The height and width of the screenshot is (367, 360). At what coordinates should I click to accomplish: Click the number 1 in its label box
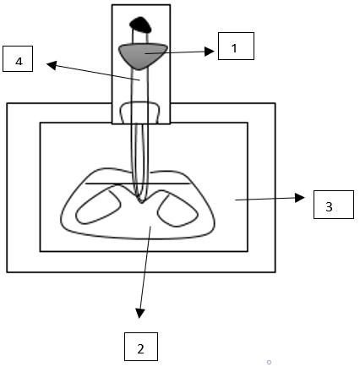point(234,48)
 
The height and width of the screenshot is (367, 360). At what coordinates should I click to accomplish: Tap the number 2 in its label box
point(141,349)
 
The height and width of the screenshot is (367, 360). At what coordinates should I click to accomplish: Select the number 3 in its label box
point(329,206)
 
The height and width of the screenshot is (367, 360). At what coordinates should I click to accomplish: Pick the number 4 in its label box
point(19,61)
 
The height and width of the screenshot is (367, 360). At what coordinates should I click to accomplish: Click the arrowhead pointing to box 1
point(209,52)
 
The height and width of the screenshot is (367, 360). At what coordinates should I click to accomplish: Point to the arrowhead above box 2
point(140,313)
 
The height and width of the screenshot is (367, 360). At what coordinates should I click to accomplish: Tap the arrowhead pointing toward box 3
point(300,198)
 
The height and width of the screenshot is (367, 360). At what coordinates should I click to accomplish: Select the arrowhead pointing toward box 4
point(52,65)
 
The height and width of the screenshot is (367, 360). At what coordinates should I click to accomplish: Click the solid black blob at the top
point(140,25)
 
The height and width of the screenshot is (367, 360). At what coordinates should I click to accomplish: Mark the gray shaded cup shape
point(143,55)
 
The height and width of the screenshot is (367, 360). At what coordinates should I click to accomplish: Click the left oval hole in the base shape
point(98,207)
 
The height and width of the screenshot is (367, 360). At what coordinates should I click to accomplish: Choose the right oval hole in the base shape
point(177,211)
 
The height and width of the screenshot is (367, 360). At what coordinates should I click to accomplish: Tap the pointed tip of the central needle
point(141,203)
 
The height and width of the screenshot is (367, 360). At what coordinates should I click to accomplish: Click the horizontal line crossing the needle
point(138,183)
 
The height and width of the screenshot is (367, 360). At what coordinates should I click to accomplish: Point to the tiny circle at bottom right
point(269,362)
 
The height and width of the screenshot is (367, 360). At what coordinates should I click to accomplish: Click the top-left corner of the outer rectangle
point(7,103)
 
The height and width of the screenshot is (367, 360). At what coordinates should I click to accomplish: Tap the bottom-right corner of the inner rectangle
point(248,251)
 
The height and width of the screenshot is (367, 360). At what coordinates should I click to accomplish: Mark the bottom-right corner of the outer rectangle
point(275,272)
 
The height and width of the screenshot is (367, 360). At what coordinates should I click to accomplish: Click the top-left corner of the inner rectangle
point(41,123)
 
